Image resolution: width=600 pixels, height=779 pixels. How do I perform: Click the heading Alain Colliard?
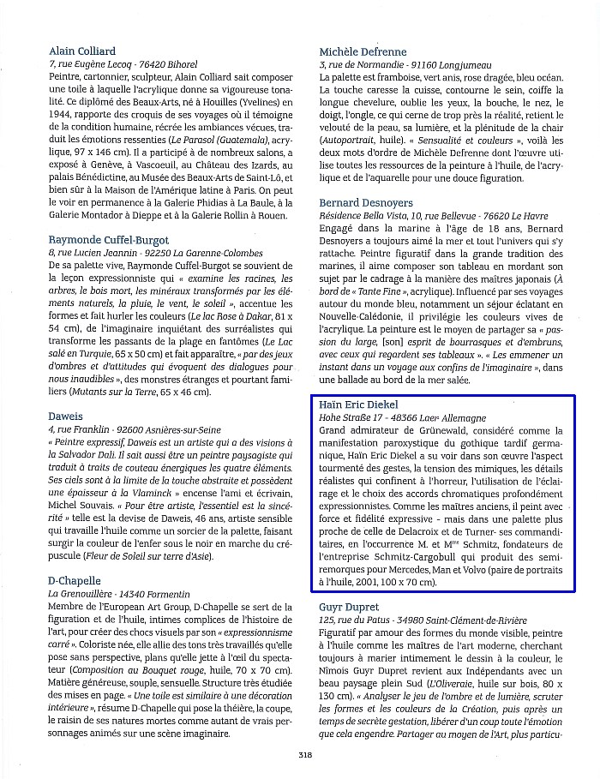(82, 51)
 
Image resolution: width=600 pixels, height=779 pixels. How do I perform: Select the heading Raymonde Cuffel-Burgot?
(109, 240)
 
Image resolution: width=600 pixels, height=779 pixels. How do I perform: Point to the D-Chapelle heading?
(75, 581)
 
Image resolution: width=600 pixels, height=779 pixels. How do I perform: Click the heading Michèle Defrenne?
(363, 51)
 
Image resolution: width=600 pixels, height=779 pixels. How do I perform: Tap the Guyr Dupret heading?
(350, 606)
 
